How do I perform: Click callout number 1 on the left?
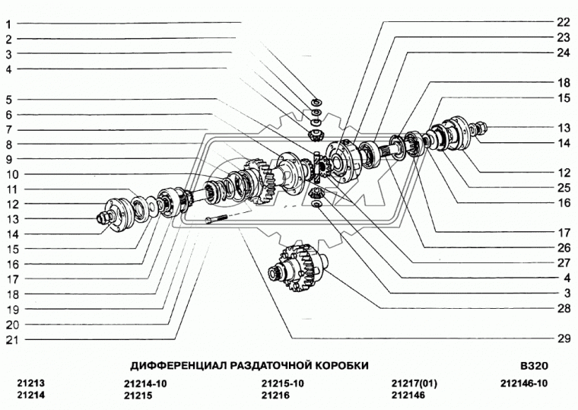tap(9, 24)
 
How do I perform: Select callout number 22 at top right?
tap(562, 22)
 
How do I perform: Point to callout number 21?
tap(11, 340)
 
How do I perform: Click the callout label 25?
tap(562, 187)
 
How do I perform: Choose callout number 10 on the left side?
tap(11, 175)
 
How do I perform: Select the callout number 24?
tap(562, 52)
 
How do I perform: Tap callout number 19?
tap(11, 310)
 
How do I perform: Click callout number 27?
tap(562, 262)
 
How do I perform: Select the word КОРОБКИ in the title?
tap(339, 365)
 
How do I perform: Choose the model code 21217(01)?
tap(414, 383)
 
